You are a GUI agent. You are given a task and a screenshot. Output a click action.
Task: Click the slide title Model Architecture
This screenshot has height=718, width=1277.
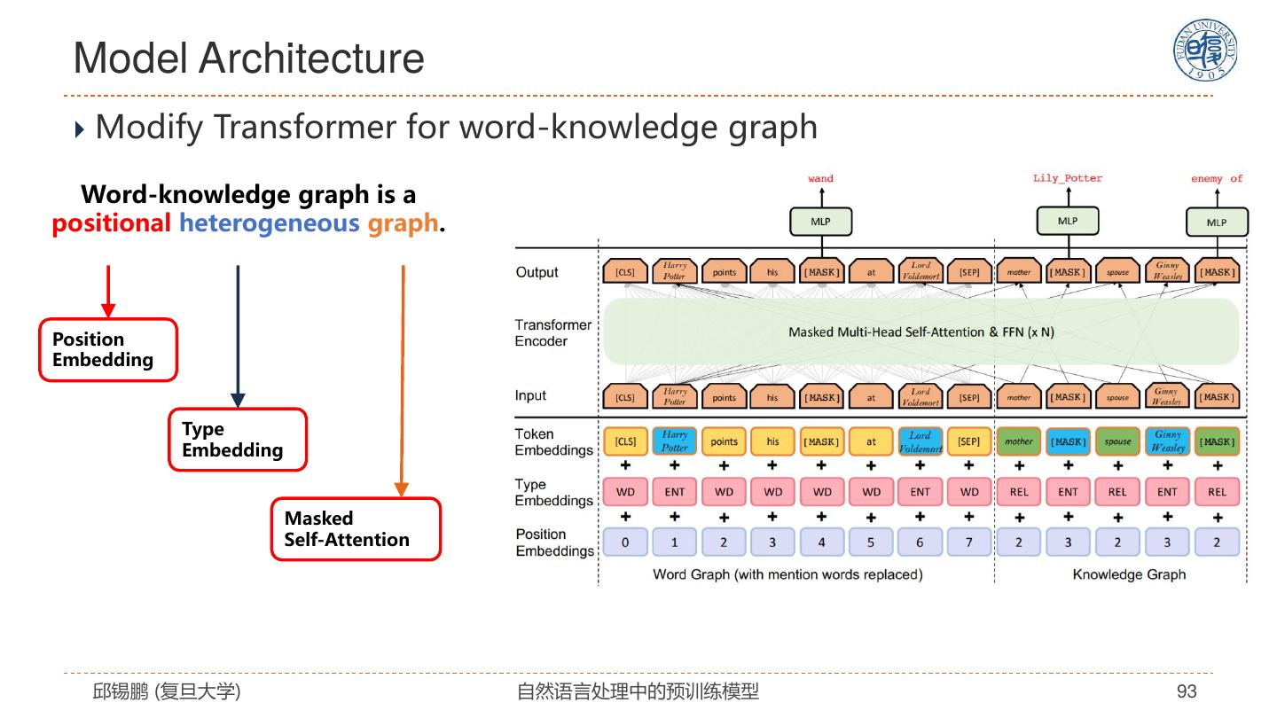point(248,59)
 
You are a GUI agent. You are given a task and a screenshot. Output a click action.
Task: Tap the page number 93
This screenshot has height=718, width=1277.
point(1187,691)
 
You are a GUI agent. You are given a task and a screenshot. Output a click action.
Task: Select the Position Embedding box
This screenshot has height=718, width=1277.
point(108,350)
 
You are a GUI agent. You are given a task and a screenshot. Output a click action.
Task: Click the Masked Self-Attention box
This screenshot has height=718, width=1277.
point(356,529)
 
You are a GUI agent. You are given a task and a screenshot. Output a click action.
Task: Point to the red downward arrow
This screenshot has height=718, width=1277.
point(108,291)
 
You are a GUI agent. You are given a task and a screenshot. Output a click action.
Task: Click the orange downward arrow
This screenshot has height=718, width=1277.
point(403,381)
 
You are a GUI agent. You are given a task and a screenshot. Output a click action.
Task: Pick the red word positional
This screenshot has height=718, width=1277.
point(111,223)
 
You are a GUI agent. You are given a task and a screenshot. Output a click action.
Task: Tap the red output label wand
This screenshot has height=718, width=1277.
point(820,179)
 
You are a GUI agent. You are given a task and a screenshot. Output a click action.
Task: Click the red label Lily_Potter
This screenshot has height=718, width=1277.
point(1068,179)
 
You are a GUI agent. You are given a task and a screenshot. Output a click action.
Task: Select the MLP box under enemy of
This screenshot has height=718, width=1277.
point(1217,222)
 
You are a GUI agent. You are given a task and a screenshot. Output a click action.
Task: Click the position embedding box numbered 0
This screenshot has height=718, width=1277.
point(625,542)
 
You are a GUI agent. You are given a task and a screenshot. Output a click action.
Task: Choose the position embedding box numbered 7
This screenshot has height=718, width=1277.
point(969,542)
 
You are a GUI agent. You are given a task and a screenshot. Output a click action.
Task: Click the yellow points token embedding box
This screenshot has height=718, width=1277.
point(725,441)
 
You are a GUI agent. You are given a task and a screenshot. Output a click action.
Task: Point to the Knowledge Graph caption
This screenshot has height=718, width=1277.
point(1129,574)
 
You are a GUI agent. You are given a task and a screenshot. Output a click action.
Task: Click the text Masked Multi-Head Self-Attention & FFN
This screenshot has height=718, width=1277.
point(921,332)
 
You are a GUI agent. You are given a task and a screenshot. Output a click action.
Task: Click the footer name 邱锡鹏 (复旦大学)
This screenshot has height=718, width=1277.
point(167,691)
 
